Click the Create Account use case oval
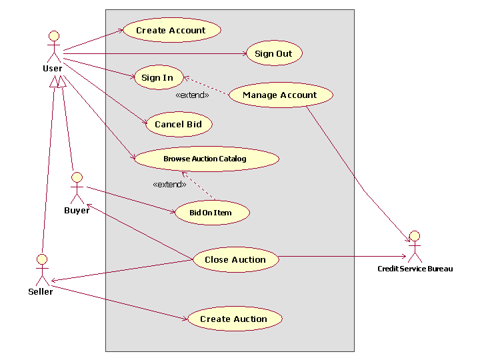tap(171, 30)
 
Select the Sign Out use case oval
tap(274, 53)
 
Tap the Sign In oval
tap(158, 77)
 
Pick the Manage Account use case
tap(280, 95)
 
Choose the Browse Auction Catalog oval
tap(205, 159)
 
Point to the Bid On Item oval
tap(211, 213)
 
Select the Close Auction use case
tap(235, 259)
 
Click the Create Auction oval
tap(234, 319)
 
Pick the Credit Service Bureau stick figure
tap(415, 247)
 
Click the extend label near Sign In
tap(191, 95)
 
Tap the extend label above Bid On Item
tap(169, 184)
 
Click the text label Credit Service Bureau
tap(415, 269)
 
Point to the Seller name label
tap(41, 291)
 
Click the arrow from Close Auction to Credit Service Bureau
tap(340, 257)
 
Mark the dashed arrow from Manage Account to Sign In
tap(207, 87)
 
